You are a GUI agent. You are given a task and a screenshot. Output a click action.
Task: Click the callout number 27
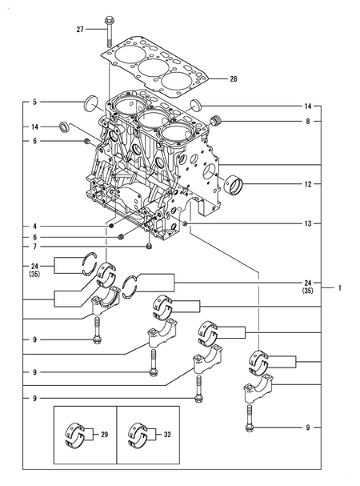click(x=80, y=30)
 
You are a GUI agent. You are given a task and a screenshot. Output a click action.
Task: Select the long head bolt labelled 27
click(x=109, y=31)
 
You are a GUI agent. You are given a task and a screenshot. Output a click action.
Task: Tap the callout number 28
click(x=234, y=79)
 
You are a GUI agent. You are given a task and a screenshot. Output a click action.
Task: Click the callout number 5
click(x=34, y=102)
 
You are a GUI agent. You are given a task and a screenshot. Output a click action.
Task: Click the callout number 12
click(x=308, y=184)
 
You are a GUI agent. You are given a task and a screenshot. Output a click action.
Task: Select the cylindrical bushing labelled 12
click(x=234, y=186)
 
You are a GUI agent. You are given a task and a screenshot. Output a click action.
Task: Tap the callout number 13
click(x=308, y=223)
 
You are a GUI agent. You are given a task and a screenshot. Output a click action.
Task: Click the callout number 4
click(x=34, y=227)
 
